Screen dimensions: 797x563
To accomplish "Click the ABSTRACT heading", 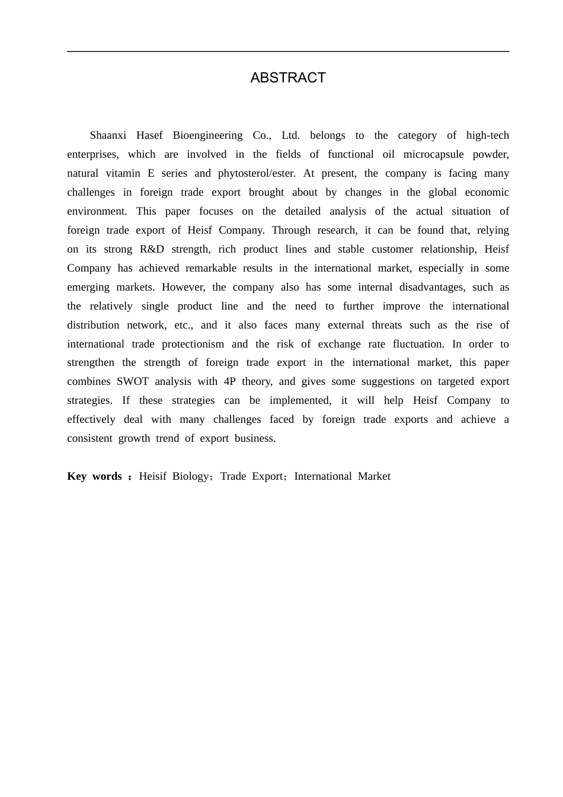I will point(288,78).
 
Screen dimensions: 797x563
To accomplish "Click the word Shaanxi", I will point(108,135).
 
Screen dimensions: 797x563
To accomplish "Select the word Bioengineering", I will point(207,135).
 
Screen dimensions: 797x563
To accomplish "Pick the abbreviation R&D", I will point(152,249).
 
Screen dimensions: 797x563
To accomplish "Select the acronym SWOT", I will point(132,381).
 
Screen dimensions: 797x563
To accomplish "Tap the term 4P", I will point(230,381).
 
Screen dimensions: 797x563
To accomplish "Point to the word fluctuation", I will point(418,344).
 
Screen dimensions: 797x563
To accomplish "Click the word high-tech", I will point(487,135).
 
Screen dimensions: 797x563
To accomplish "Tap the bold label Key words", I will point(95,476).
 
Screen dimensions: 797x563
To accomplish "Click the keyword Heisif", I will point(152,476).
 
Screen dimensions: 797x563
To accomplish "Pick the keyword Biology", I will point(191,476).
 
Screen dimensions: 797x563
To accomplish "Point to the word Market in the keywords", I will point(374,476).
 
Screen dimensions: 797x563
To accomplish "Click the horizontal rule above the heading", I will point(288,52).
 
